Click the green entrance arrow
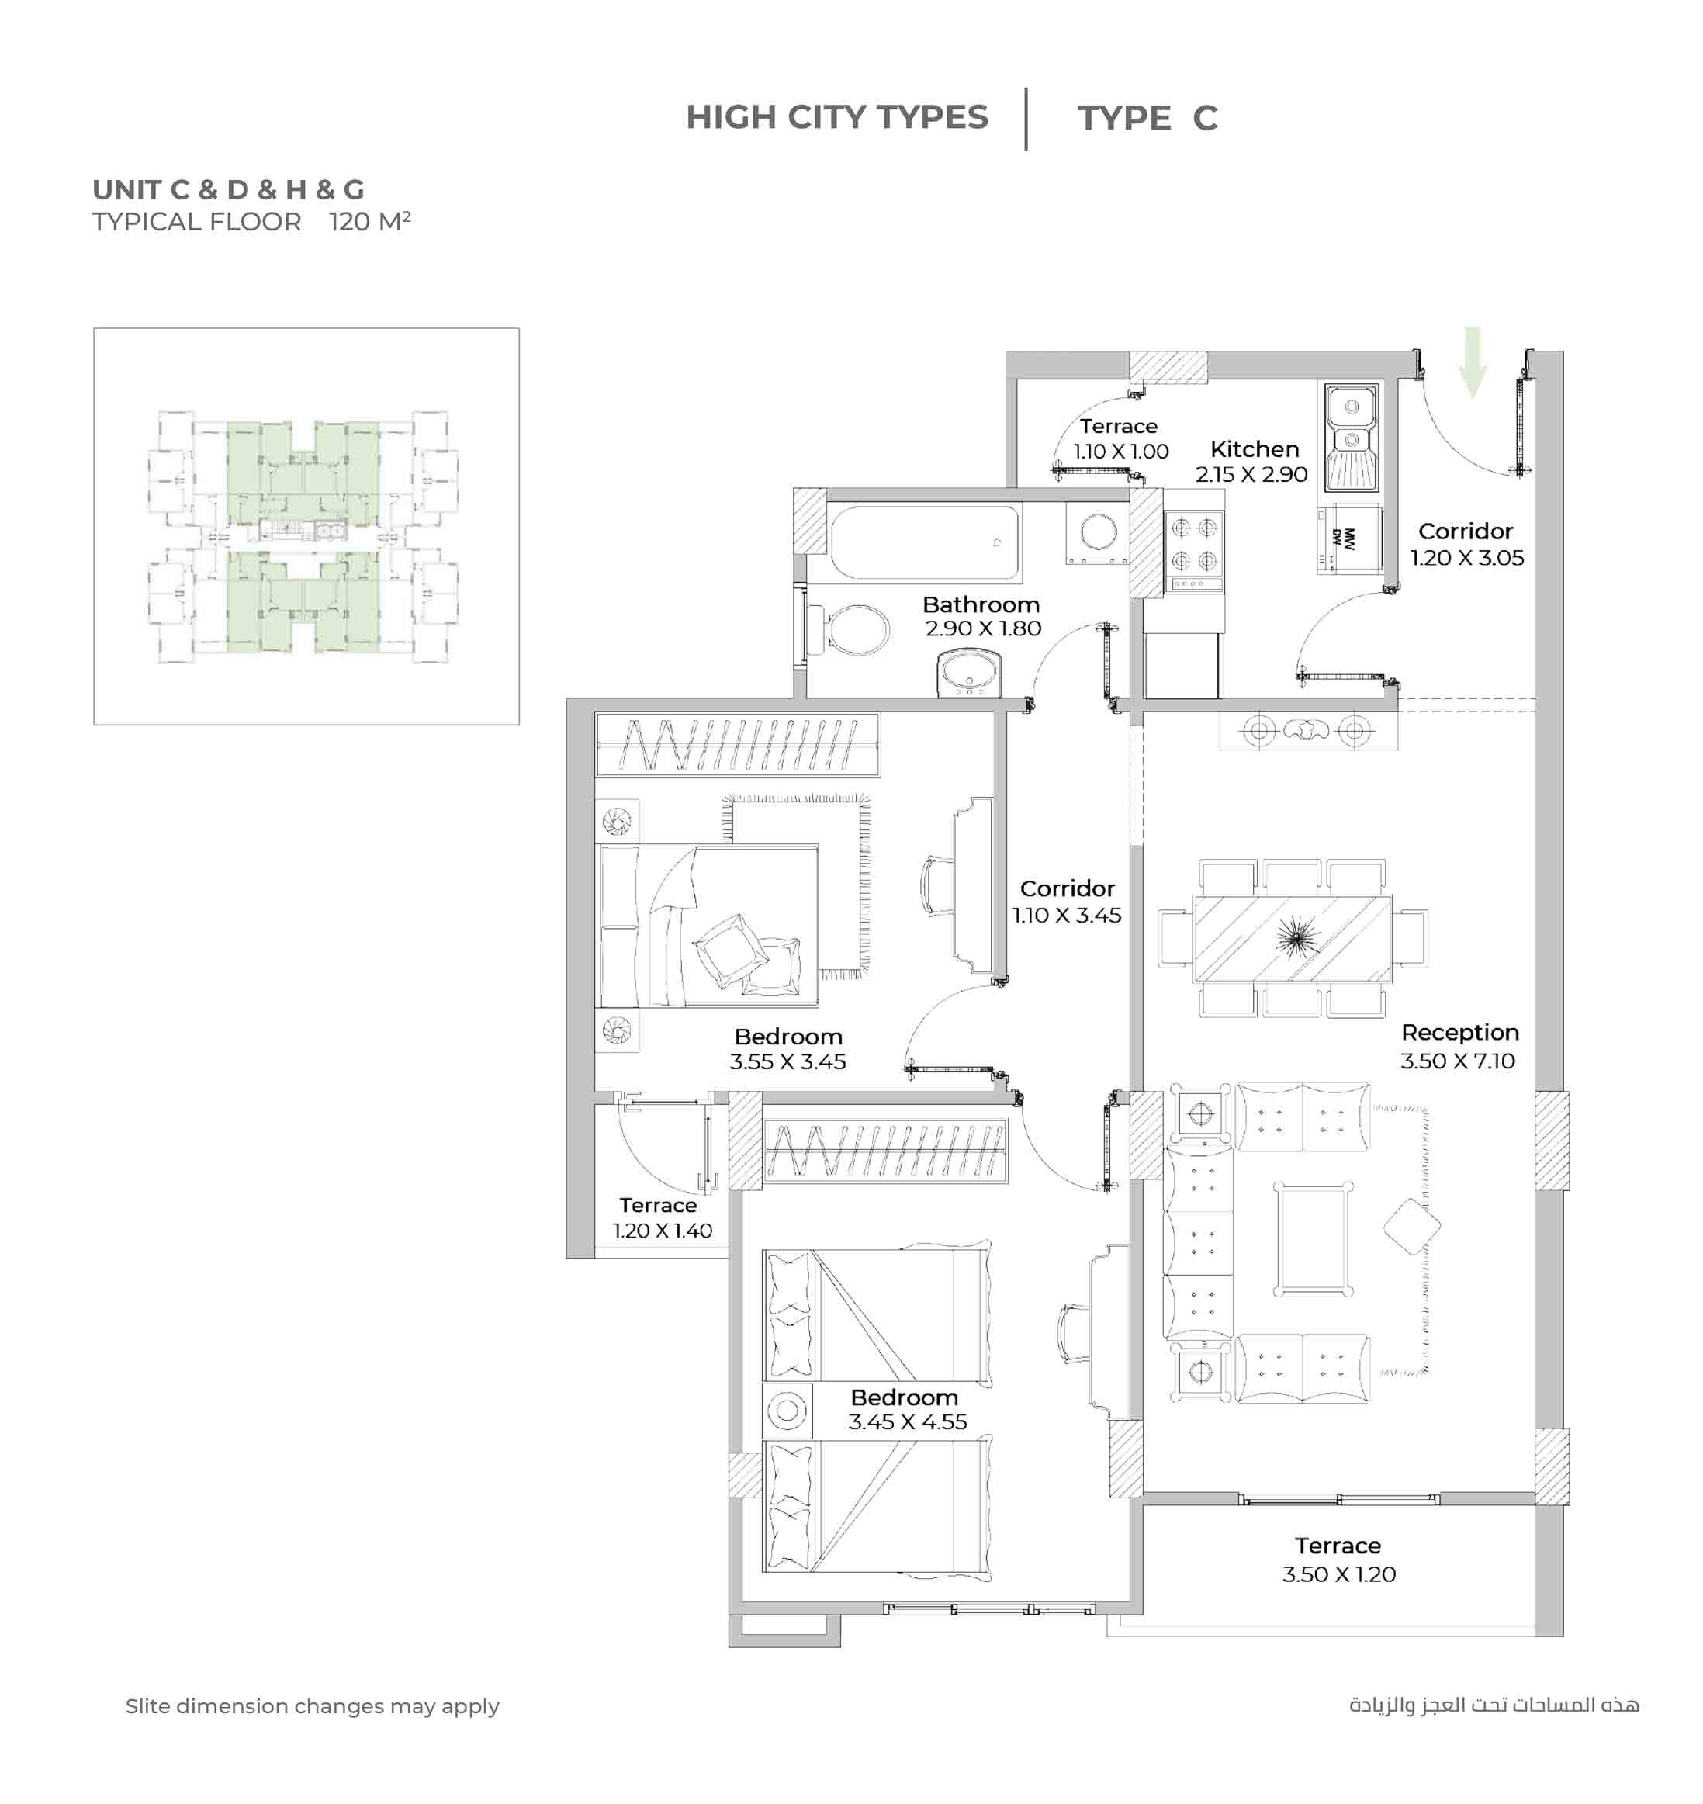tap(1473, 362)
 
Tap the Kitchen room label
tap(1255, 449)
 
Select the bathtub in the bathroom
tap(925, 543)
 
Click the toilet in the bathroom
tap(848, 629)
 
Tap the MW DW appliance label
tap(1342, 539)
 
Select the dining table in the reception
tap(1293, 938)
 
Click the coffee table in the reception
tap(1313, 1239)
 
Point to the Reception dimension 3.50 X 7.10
tap(1458, 1061)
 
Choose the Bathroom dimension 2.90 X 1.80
tap(983, 628)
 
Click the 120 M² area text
tap(369, 222)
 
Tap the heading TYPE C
tap(1147, 118)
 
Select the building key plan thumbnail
tap(306, 527)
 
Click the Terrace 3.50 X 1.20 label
tap(1339, 1560)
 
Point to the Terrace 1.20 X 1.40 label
tap(662, 1217)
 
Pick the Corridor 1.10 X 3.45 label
tap(1067, 902)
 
